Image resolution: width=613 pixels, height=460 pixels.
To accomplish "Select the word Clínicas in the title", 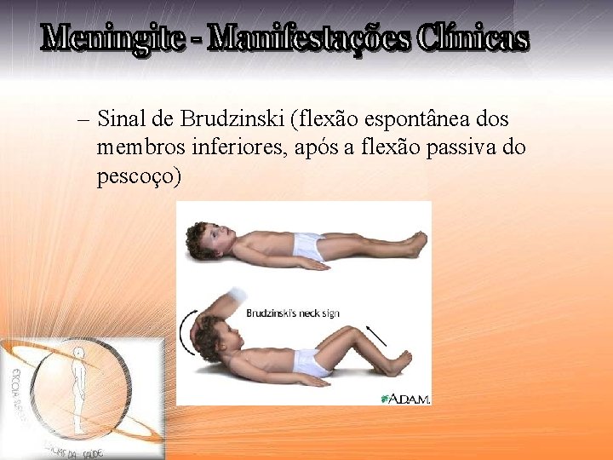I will click(x=473, y=38).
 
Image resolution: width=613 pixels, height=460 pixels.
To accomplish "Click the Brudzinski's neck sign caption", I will click(x=292, y=313).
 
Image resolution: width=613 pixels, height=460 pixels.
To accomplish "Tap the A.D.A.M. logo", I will click(x=406, y=398).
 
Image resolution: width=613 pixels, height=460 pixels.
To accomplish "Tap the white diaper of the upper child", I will click(x=309, y=247).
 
